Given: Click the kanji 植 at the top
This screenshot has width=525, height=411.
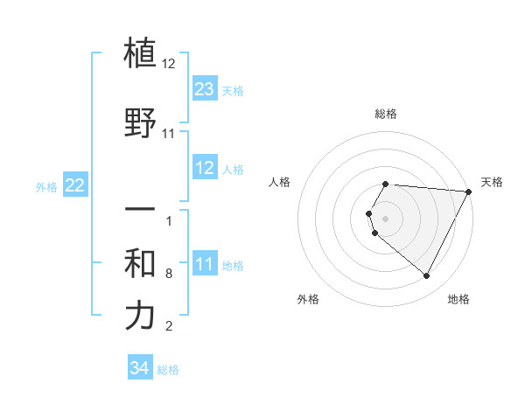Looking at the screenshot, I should [141, 53].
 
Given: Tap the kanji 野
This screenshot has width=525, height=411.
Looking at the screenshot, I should [141, 122].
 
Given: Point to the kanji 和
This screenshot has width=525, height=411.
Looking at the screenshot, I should [141, 263].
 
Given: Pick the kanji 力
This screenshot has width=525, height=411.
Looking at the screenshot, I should [141, 316].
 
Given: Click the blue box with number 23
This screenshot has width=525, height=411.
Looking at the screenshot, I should [205, 89].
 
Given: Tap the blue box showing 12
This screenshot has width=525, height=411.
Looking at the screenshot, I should [205, 168].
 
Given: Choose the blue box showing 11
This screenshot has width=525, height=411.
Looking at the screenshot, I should [205, 264].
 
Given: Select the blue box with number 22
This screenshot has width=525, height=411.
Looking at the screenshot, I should [75, 185].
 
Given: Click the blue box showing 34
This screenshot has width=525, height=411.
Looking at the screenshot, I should [140, 368].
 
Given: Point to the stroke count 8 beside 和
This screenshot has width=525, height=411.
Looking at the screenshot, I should [169, 274].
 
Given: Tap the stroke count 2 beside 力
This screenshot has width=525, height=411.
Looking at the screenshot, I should [169, 326].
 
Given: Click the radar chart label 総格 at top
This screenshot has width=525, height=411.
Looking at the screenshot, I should [386, 115].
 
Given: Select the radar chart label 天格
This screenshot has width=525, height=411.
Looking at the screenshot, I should [492, 182].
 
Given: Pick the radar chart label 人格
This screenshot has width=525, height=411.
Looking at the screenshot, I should [280, 182].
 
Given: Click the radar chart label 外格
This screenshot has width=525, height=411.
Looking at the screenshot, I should [308, 300].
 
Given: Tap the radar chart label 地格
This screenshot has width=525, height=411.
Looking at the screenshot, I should [458, 300].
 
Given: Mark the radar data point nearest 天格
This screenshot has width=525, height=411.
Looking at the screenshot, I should [469, 192].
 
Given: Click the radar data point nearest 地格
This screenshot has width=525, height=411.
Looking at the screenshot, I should [427, 276].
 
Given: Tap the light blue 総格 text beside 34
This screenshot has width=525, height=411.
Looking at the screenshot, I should [168, 370].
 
